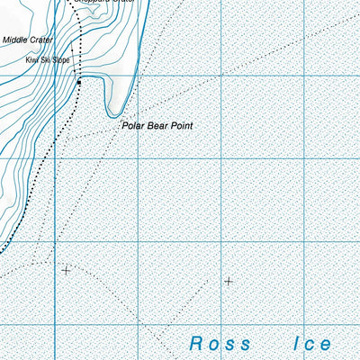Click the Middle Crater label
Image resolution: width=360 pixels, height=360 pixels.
[x=28, y=40]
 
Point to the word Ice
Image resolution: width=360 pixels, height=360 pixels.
[x=312, y=343]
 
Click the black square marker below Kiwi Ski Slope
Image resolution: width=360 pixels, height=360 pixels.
[x=79, y=83]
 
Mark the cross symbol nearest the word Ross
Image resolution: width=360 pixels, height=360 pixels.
[x=228, y=281]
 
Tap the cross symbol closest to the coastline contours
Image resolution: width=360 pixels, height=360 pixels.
[x=66, y=269]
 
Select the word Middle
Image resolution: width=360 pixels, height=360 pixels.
[x=15, y=40]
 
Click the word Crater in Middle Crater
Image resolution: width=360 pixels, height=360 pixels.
[x=41, y=40]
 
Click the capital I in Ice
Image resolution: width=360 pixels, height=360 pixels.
[x=296, y=343]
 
